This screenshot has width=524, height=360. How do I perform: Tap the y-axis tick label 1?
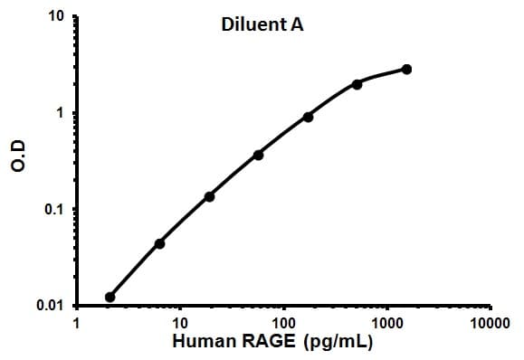coord(60,114)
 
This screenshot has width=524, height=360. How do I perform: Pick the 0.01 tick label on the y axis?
coord(51,306)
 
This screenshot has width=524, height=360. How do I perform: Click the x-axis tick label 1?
coord(77,323)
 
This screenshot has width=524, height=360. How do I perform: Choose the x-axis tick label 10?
coord(179,323)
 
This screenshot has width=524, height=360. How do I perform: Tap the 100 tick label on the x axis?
coord(283,323)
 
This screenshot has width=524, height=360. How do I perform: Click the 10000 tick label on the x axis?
coord(490,323)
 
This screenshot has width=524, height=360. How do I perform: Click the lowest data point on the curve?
coord(110,297)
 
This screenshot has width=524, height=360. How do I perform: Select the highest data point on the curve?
coord(406,70)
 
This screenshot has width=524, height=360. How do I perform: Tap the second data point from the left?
coord(160,243)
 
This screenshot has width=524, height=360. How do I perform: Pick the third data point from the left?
coord(209,196)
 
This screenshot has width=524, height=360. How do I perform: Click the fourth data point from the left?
coord(259,155)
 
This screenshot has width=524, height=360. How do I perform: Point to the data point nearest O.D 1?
coord(308,117)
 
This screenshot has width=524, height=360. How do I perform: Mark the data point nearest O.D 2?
coord(357,84)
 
